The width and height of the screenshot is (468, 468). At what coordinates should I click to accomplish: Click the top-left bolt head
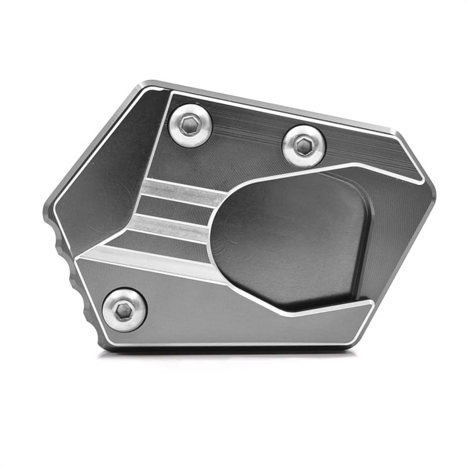[x=190, y=125]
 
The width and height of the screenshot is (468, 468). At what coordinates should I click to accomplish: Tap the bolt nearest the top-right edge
[x=304, y=146]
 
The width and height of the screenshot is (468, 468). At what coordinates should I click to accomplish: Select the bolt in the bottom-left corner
[x=124, y=310]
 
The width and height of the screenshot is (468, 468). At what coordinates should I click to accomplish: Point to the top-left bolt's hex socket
[x=191, y=124]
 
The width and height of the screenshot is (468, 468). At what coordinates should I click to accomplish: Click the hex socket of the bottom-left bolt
[x=124, y=309]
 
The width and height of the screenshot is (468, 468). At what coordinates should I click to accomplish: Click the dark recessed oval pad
[x=290, y=239]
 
